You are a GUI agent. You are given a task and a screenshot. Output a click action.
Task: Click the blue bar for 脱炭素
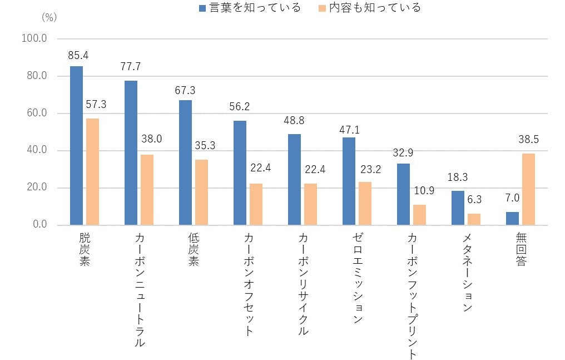pyautogui.click(x=76, y=146)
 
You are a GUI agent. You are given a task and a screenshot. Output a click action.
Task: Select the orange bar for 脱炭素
pyautogui.click(x=93, y=171)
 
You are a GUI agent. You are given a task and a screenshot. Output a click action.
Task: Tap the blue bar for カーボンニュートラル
pyautogui.click(x=131, y=153)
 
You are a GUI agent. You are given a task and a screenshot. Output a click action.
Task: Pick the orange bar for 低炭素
pyautogui.click(x=202, y=192)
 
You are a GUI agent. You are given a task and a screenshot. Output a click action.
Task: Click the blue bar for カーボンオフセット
pyautogui.click(x=240, y=172)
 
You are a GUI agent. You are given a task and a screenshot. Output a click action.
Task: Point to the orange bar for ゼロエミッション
pyautogui.click(x=365, y=203)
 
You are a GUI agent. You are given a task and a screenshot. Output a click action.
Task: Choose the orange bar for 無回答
pyautogui.click(x=529, y=189)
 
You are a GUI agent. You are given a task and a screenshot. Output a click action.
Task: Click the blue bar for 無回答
pyautogui.click(x=512, y=218)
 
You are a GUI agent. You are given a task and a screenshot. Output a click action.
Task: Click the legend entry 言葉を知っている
pyautogui.click(x=251, y=8)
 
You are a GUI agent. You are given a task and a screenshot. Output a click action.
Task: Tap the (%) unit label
pyautogui.click(x=49, y=17)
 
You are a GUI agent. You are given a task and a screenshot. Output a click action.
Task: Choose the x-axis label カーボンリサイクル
pyautogui.click(x=302, y=284)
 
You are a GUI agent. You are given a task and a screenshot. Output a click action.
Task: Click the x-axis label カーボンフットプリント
pyautogui.click(x=412, y=295)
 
